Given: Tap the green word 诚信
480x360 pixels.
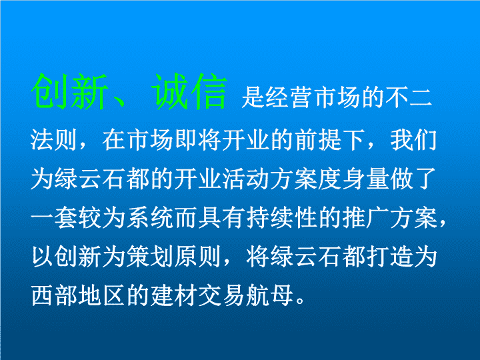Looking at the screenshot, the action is pyautogui.click(x=190, y=91).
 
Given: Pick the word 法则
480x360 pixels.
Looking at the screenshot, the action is pyautogui.click(x=53, y=141).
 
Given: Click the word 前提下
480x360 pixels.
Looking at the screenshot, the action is pyautogui.click(x=331, y=141).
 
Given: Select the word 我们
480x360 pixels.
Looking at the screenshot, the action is pyautogui.click(x=413, y=141).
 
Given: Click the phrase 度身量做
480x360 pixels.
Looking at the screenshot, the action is pyautogui.click(x=365, y=179).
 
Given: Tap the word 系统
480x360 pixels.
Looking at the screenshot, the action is pyautogui.click(x=150, y=217).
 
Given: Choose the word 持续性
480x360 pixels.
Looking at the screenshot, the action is pyautogui.click(x=282, y=217).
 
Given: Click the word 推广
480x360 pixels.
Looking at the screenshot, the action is pyautogui.click(x=365, y=217).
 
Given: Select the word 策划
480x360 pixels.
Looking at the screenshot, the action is pyautogui.click(x=150, y=257).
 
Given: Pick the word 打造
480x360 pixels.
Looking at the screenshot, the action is pyautogui.click(x=389, y=257).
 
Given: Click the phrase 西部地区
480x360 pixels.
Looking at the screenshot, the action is pyautogui.click(x=78, y=295).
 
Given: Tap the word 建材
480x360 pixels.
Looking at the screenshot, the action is pyautogui.click(x=174, y=295).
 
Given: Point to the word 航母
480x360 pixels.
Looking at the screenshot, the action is pyautogui.click(x=269, y=295).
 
